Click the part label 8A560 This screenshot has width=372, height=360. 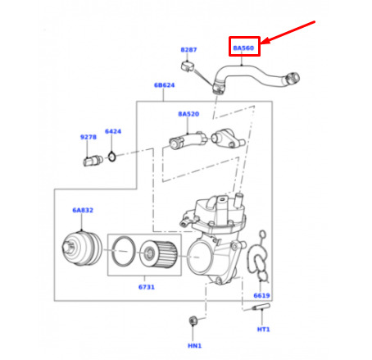tap(243, 48)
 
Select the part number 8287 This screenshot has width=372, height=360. tap(188, 50)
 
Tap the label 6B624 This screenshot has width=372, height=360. tap(165, 85)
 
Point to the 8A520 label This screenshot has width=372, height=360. tap(188, 114)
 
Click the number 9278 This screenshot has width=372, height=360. tap(88, 137)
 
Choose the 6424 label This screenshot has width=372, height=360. tap(113, 131)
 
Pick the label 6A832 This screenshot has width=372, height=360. tap(83, 210)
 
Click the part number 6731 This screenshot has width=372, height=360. tap(147, 287)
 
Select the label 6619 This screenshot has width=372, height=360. tap(261, 295)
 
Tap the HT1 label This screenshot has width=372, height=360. tap(264, 330)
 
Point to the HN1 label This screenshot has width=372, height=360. tap(195, 346)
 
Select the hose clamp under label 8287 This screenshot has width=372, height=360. tap(187, 66)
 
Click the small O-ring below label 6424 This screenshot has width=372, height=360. tap(111, 157)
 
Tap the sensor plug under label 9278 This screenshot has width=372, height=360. tap(93, 161)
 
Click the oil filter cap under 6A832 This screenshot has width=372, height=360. tap(82, 248)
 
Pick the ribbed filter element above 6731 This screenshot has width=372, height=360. tap(158, 253)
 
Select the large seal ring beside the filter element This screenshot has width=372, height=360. tap(124, 252)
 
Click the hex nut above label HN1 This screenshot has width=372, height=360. tap(193, 321)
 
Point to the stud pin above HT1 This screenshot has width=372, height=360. tap(261, 307)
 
